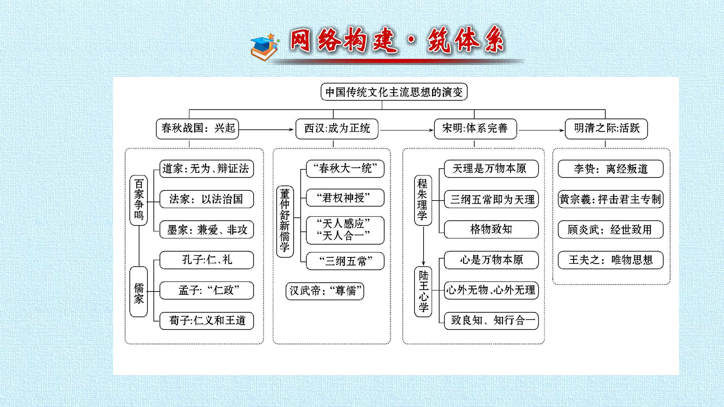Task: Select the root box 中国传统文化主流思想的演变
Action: click(x=394, y=92)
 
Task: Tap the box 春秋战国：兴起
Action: click(x=197, y=129)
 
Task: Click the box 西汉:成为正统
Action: click(x=337, y=129)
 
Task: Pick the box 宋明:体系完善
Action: click(x=475, y=129)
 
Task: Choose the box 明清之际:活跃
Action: click(x=606, y=129)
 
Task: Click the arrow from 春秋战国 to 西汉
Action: click(x=266, y=130)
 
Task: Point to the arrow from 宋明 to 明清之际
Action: click(x=541, y=130)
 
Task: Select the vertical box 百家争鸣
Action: click(x=139, y=200)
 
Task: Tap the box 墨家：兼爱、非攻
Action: click(x=207, y=229)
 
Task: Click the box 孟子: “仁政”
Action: click(x=207, y=290)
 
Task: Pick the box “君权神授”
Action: click(x=345, y=198)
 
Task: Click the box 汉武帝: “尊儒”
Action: click(x=325, y=291)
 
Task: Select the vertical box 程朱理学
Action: click(x=423, y=200)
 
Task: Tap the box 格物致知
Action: click(x=491, y=229)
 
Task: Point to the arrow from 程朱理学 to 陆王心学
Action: click(x=423, y=245)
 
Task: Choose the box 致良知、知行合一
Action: click(x=491, y=321)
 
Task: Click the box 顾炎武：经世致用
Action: click(x=610, y=229)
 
